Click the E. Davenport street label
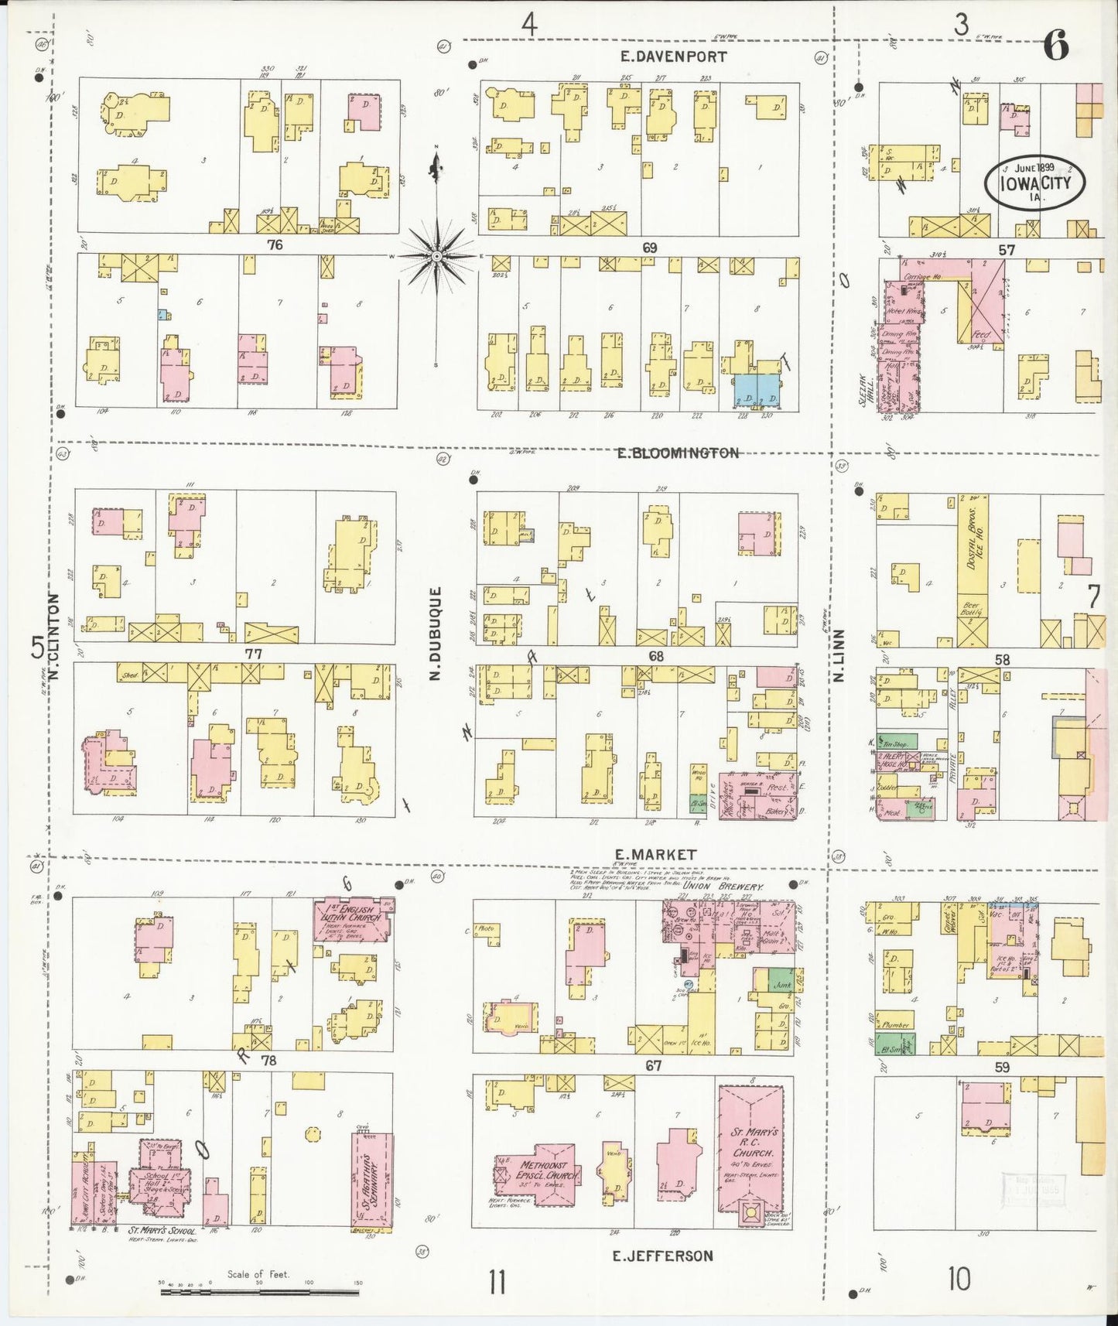point(674,56)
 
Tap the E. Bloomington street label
point(678,453)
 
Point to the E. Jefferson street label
point(663,1256)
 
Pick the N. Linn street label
point(839,656)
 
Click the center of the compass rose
point(437,256)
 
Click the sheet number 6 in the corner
point(1055,47)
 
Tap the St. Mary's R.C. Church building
point(750,1154)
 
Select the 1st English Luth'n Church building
point(352,920)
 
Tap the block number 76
point(274,245)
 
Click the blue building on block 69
point(757,391)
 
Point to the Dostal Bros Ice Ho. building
point(973,571)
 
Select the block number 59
point(1003,1067)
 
